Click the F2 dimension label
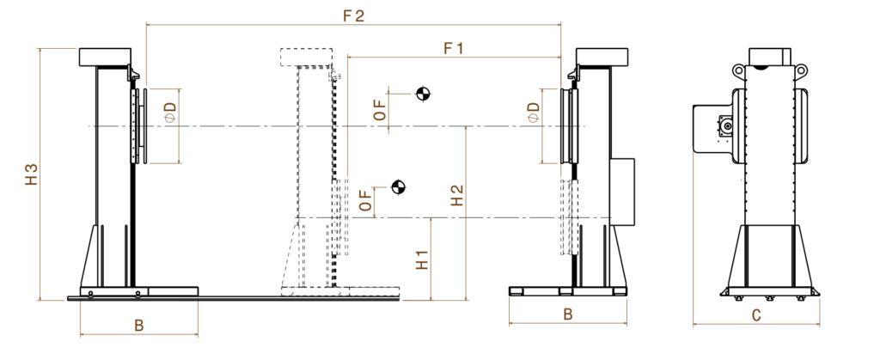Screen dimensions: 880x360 pos(353,15)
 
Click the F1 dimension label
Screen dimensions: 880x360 pos(454,47)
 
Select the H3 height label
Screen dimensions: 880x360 pos(31,174)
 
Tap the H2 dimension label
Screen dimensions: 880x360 pos(457,195)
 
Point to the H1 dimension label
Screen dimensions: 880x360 pos(422,259)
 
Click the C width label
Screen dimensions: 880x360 pos(756,315)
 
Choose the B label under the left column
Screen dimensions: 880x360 pos(139,326)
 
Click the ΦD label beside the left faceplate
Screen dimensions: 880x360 pos(171,113)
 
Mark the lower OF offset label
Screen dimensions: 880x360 pos(365,200)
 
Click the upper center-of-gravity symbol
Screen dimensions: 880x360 pos(423,94)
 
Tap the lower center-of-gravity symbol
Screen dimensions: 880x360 pos(398,187)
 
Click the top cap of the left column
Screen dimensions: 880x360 pos(105,58)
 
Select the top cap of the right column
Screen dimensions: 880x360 pos(602,57)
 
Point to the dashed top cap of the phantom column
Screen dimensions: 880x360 pos(307,58)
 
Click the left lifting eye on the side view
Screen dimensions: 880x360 pos(738,70)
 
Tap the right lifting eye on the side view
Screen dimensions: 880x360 pos(801,70)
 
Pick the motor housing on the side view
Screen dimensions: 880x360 pos(712,128)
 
